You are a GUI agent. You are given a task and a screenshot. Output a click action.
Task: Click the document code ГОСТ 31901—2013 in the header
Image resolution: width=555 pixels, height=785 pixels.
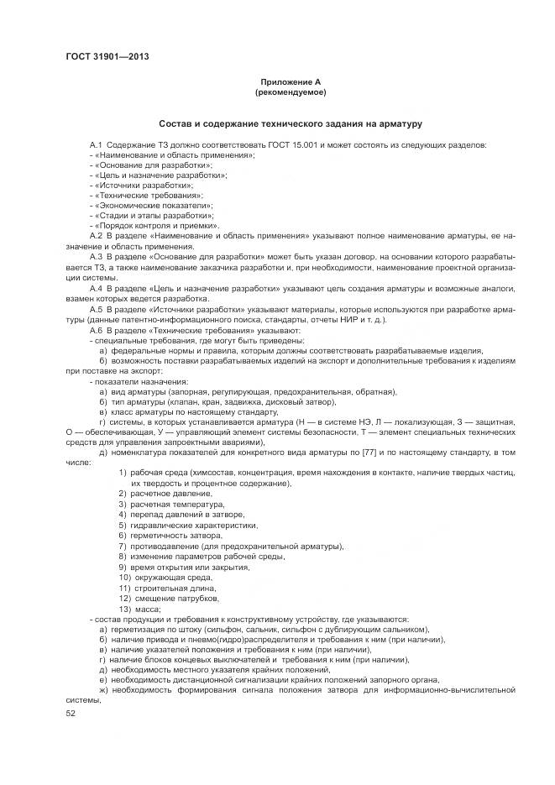pyautogui.click(x=102, y=57)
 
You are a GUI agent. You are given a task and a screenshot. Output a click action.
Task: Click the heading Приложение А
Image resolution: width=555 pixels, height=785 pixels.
pyautogui.click(x=291, y=81)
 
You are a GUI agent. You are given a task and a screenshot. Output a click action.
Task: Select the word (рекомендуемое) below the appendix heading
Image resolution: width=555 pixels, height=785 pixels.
pyautogui.click(x=291, y=92)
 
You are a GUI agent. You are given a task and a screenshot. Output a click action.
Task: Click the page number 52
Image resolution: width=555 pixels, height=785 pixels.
pyautogui.click(x=70, y=713)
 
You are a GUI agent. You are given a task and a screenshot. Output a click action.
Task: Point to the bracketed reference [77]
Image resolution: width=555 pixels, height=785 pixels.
pyautogui.click(x=368, y=453)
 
